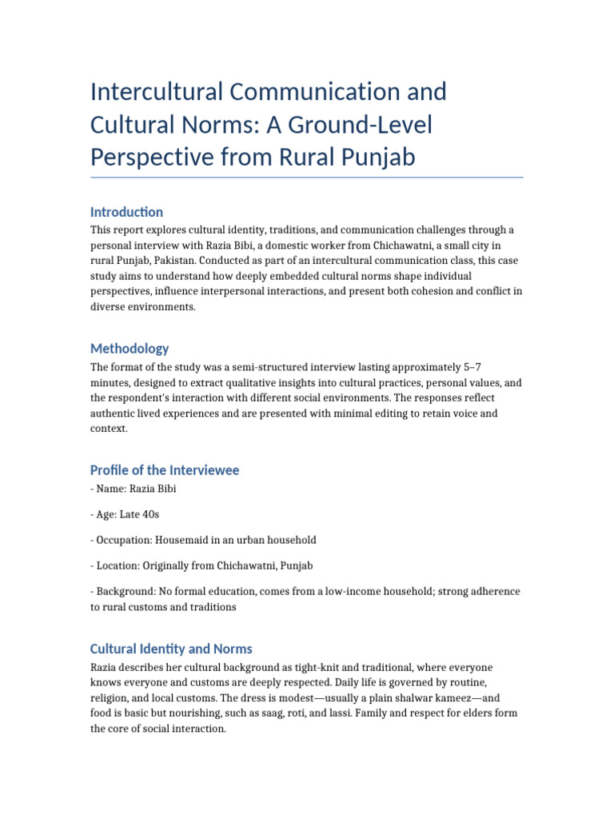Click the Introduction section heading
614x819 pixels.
coord(126,212)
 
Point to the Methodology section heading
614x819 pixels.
coord(130,349)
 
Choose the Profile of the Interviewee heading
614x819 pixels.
coord(175,470)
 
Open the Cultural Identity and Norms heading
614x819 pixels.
coord(171,649)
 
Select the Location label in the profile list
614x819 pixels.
coord(118,565)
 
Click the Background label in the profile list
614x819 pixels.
coord(123,591)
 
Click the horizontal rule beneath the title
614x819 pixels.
coord(307,178)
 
